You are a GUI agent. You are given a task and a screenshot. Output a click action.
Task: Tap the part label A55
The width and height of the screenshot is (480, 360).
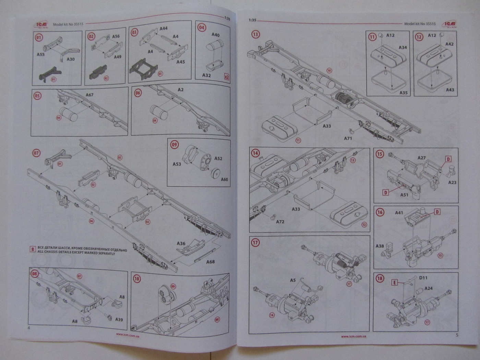[x=41, y=54]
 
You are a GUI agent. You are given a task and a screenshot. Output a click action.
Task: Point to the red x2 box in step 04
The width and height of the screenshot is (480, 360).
[x=226, y=77]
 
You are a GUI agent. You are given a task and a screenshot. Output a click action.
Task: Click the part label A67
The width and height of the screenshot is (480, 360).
[x=89, y=95]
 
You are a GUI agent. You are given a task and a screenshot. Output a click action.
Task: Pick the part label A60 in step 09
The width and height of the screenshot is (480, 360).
[x=224, y=179]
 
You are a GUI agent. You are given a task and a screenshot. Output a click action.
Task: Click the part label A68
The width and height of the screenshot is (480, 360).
[x=211, y=262]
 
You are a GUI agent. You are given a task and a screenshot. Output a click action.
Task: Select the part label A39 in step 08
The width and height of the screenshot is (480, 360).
[x=119, y=320]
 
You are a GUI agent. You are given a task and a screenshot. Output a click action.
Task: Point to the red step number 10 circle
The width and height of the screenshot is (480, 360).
[x=137, y=278]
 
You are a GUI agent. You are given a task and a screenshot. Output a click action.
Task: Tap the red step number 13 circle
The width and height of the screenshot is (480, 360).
[x=255, y=34]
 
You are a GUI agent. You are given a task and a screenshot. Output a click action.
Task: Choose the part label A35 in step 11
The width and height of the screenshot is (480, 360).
[x=403, y=93]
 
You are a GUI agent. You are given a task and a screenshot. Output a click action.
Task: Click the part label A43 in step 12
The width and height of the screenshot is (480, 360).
[x=450, y=90]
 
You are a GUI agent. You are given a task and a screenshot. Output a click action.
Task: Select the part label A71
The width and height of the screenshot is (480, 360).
[x=348, y=139]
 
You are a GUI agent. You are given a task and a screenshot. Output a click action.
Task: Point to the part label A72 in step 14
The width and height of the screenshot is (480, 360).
[x=280, y=222]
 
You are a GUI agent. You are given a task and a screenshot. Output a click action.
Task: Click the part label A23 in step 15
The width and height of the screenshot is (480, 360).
[x=452, y=182]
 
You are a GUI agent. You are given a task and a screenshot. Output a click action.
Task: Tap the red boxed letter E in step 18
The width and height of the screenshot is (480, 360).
[x=395, y=283]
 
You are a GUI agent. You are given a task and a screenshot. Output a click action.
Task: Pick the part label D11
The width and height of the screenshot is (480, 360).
[x=423, y=278]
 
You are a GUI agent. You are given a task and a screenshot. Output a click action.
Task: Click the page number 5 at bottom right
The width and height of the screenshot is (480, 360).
[x=457, y=335]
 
